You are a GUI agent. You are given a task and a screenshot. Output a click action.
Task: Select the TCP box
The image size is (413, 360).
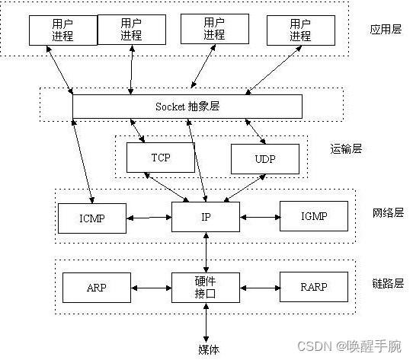160,158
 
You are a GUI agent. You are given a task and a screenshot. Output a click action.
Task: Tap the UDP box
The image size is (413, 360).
264,159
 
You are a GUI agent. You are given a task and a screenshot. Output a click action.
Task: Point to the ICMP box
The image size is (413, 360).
91,217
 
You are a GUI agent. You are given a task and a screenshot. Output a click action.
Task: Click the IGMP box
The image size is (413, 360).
313,216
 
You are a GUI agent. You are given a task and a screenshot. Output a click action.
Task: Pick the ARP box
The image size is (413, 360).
97,288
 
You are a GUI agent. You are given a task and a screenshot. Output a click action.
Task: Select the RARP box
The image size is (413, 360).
313,288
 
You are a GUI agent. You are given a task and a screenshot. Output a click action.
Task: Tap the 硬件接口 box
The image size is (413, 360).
206,288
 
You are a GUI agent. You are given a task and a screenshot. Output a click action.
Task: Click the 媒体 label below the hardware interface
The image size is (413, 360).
209,349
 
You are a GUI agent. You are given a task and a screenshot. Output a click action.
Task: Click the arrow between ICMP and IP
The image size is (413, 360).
149,218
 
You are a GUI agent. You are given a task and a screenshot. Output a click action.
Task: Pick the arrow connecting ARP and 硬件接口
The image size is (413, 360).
151,288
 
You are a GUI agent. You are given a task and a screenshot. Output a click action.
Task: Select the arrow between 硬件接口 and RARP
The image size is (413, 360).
260,288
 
